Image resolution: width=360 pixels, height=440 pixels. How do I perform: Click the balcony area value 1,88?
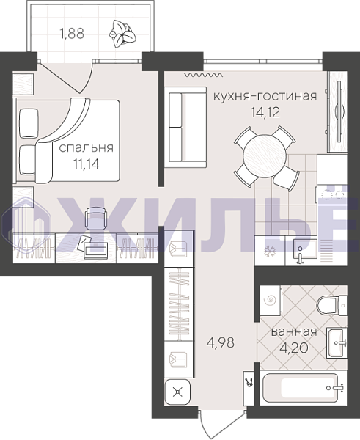click(x=72, y=34)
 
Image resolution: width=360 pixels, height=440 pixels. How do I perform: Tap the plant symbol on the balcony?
click(x=122, y=34)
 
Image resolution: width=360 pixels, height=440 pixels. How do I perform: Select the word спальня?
click(x=87, y=148)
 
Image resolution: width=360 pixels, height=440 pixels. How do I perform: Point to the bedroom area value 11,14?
click(x=87, y=164)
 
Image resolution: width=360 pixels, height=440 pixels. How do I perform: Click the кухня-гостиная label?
click(x=265, y=96)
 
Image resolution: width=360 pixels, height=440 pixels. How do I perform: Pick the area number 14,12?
click(x=265, y=112)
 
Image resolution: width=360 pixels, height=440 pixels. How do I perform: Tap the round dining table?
click(x=265, y=156)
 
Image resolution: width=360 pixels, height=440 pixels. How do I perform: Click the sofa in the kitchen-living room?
click(x=185, y=128)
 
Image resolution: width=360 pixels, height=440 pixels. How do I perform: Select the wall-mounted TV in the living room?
click(x=339, y=111)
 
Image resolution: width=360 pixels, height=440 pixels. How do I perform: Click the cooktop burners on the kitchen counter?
click(x=333, y=194)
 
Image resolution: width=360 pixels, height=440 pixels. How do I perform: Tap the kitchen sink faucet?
click(x=300, y=257)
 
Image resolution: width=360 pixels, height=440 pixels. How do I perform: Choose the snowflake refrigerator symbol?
click(x=271, y=252)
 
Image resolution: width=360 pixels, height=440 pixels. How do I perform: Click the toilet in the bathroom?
click(x=331, y=305)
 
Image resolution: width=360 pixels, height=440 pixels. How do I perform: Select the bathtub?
click(x=304, y=389)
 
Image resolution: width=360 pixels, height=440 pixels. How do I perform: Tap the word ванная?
click(x=294, y=332)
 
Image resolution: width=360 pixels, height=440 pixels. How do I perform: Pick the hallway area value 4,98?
click(x=220, y=342)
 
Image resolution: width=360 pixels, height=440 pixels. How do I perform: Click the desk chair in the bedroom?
click(x=96, y=219)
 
